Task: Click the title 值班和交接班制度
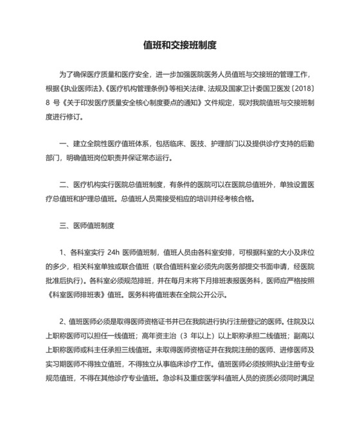(179, 46)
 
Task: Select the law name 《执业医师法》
(85, 89)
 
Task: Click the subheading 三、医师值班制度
(86, 226)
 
